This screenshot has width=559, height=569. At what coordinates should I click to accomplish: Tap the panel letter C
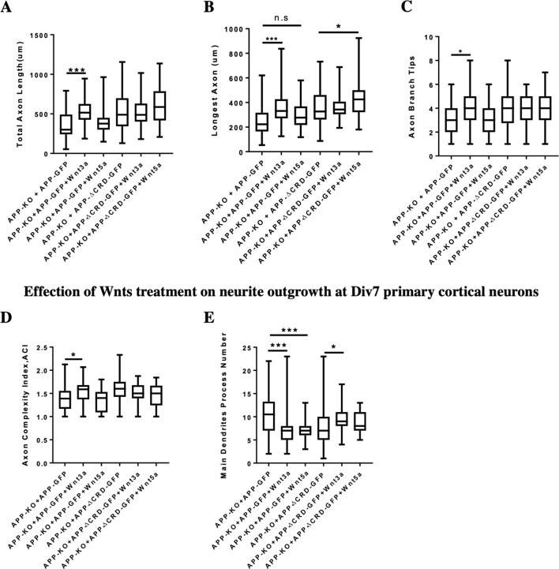click(407, 9)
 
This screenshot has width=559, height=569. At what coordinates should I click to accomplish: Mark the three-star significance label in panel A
click(77, 71)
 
